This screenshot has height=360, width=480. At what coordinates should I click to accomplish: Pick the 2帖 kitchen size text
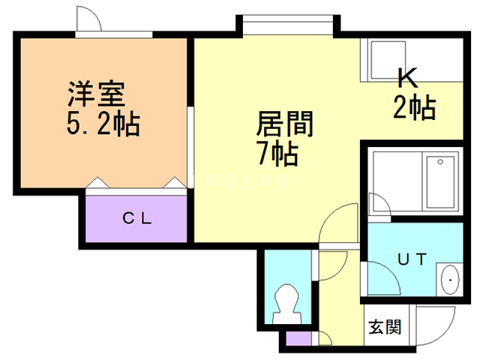click(415, 108)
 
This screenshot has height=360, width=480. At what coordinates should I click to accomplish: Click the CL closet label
click(138, 219)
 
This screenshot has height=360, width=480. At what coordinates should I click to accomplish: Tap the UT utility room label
click(412, 260)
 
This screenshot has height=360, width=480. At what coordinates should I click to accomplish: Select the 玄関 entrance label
click(385, 327)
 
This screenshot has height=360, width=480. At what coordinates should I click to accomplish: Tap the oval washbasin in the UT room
click(449, 281)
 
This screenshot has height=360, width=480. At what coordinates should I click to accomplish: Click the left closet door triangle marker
click(97, 183)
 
